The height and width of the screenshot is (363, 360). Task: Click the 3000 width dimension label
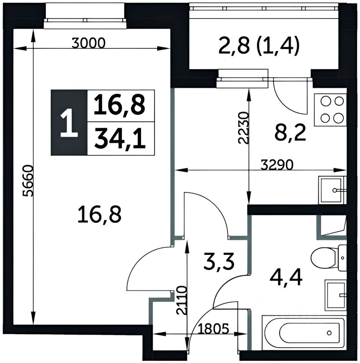(88, 43)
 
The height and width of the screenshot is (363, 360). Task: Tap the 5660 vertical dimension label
(29, 181)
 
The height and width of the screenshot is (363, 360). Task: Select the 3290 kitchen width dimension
(277, 165)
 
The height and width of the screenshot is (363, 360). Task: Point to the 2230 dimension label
(244, 128)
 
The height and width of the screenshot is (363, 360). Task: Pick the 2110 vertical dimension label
(181, 300)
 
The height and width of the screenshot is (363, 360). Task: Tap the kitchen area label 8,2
(290, 133)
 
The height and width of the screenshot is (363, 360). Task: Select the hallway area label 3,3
(219, 262)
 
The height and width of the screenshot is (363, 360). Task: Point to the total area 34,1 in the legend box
(120, 139)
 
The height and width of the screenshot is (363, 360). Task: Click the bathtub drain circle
(329, 333)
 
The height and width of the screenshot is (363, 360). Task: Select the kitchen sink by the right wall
(332, 190)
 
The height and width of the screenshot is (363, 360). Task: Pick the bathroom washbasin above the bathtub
(336, 295)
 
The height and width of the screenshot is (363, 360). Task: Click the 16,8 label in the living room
(100, 215)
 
